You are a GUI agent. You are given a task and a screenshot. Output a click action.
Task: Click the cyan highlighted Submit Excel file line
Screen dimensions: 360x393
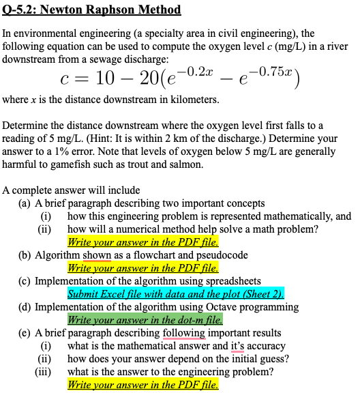[175, 294]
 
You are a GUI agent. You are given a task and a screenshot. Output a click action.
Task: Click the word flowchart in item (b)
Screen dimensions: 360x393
[158, 255]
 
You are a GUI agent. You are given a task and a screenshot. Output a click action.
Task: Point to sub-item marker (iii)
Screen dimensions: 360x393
[44, 372]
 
